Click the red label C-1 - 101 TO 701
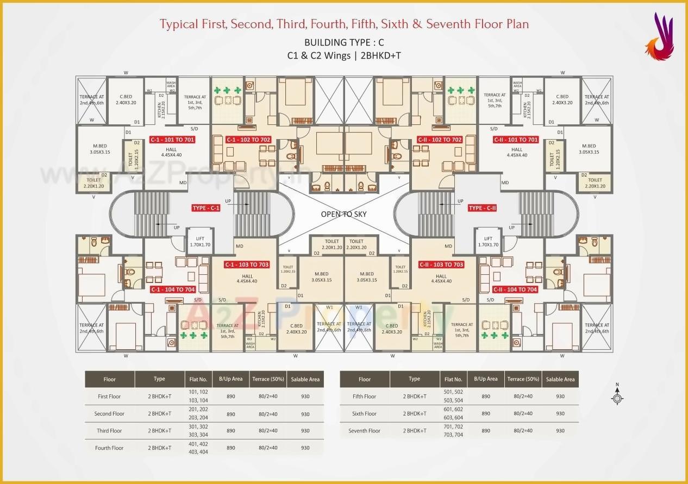click(x=172, y=140)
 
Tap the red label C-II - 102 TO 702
click(x=439, y=140)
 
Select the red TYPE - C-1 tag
click(x=206, y=208)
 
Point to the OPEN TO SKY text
click(x=343, y=214)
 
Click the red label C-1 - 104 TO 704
click(x=173, y=290)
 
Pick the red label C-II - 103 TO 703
click(x=441, y=265)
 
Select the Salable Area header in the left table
click(x=305, y=379)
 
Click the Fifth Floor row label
click(x=364, y=397)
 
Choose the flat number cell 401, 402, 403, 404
click(x=198, y=448)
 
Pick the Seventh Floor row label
click(x=364, y=431)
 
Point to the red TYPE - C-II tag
click(x=483, y=208)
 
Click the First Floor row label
click(x=109, y=397)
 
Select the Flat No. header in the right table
click(x=453, y=379)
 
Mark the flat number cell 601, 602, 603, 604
click(x=453, y=413)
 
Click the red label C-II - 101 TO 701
click(x=515, y=140)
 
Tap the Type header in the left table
click(x=159, y=379)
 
